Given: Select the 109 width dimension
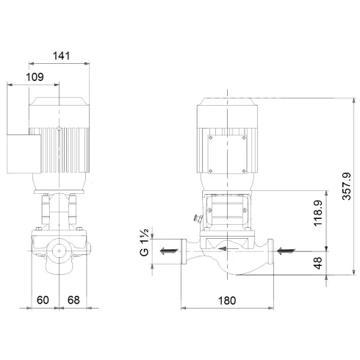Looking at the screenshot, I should tap(35, 76).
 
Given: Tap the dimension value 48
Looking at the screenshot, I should tap(317, 262).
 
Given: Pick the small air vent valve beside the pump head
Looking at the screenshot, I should tap(196, 217).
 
